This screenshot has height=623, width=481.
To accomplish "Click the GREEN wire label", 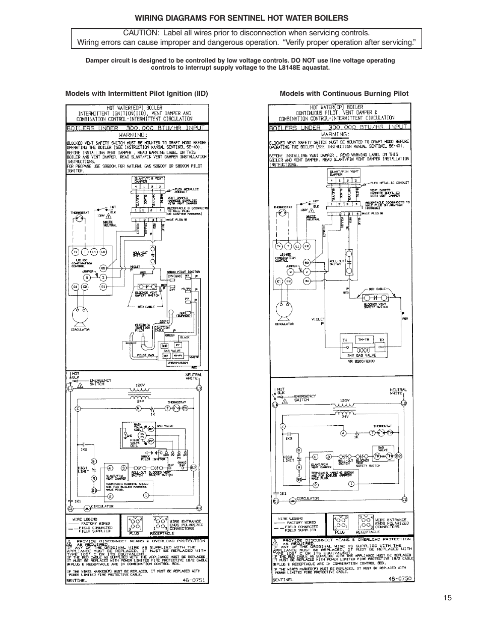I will coord(170,334).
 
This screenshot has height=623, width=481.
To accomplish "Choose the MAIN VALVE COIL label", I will coord(125,427).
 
